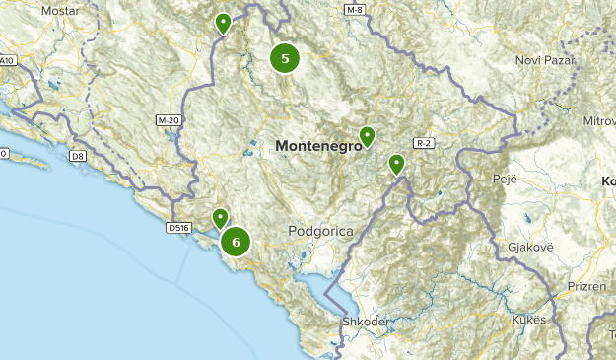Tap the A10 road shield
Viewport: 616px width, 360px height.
8,61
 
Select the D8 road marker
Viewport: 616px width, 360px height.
77,156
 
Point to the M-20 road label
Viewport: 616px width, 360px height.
170,120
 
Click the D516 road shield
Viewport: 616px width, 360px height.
178,228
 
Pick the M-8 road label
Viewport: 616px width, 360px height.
355,10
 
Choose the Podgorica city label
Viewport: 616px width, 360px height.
320,230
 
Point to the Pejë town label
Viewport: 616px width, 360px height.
503,180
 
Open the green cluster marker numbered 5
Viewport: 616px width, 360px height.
285,58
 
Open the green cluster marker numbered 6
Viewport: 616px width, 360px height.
236,241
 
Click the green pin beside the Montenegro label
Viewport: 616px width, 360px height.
367,136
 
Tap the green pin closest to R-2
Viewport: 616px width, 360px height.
397,163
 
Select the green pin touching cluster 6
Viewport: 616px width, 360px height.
221,218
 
